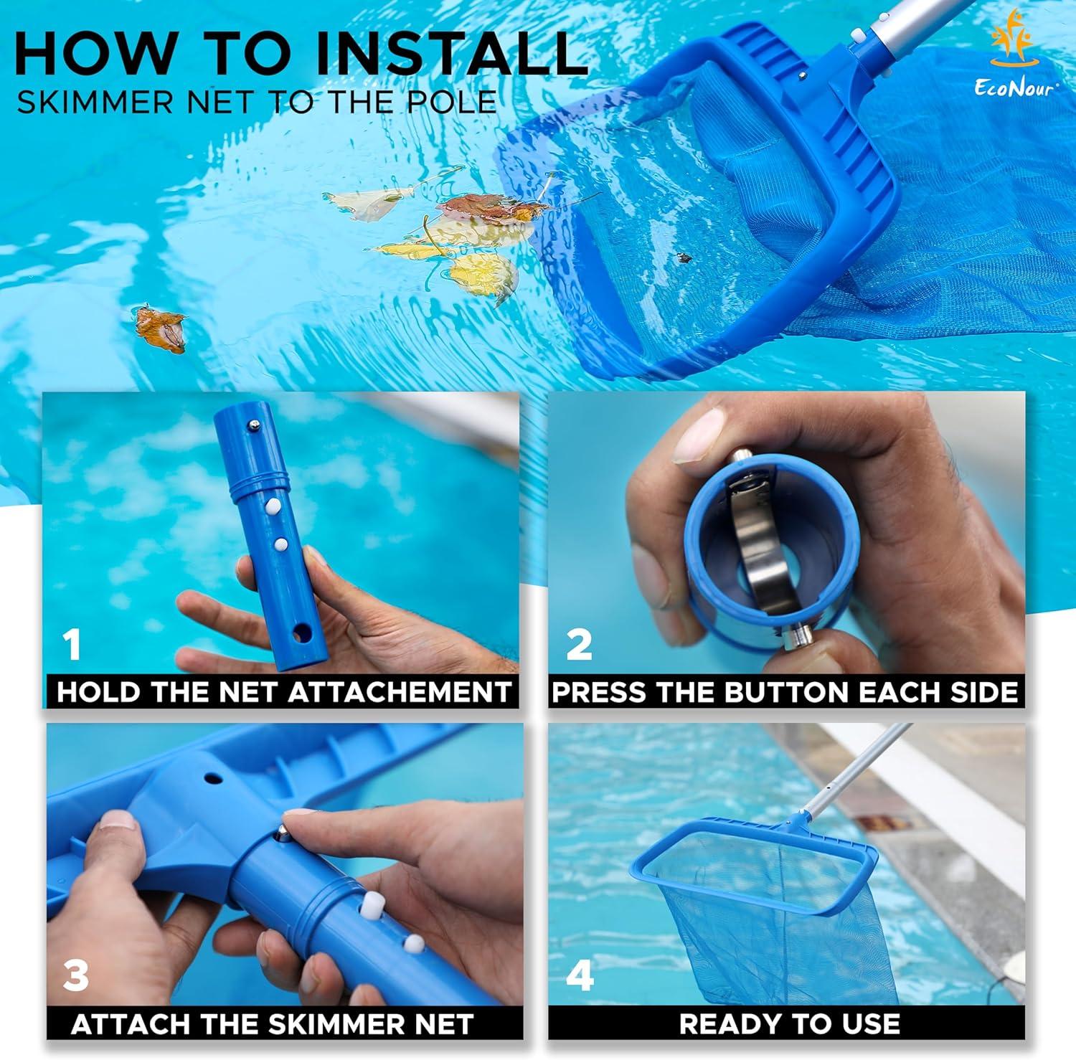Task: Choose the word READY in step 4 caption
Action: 724,1024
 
